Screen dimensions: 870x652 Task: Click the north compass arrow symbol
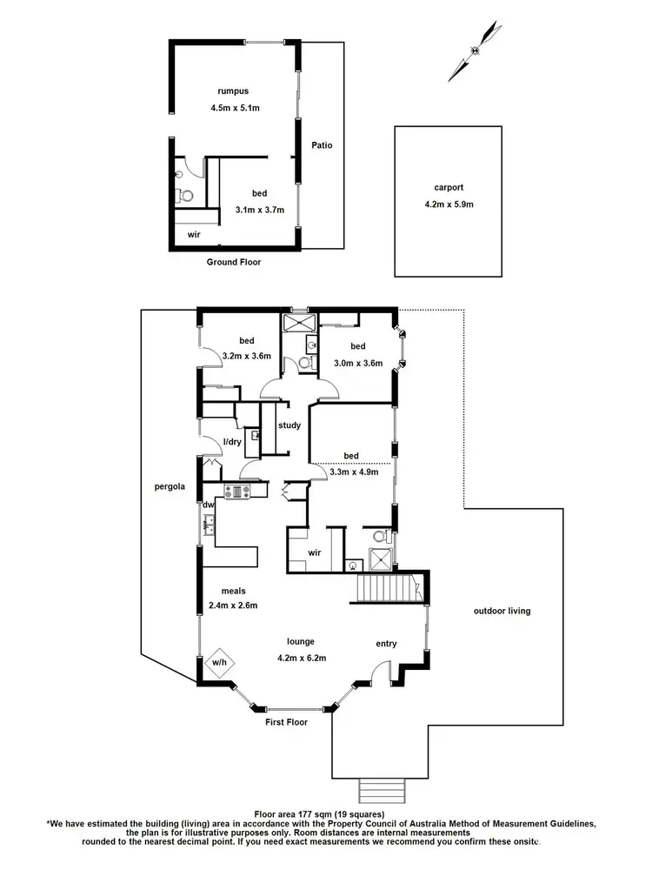tap(475, 50)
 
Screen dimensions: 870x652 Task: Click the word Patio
tap(322, 145)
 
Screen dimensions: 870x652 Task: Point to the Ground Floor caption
tap(233, 262)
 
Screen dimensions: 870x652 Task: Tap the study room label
tap(289, 425)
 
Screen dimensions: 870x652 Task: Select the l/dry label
tap(233, 442)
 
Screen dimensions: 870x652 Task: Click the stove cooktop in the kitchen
tap(236, 492)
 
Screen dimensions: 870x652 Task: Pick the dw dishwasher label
tap(209, 505)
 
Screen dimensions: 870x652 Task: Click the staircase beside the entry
tap(389, 589)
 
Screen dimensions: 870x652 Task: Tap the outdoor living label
tap(502, 611)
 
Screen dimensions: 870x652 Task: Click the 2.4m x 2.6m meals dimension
tap(233, 606)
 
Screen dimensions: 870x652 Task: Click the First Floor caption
tap(287, 722)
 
